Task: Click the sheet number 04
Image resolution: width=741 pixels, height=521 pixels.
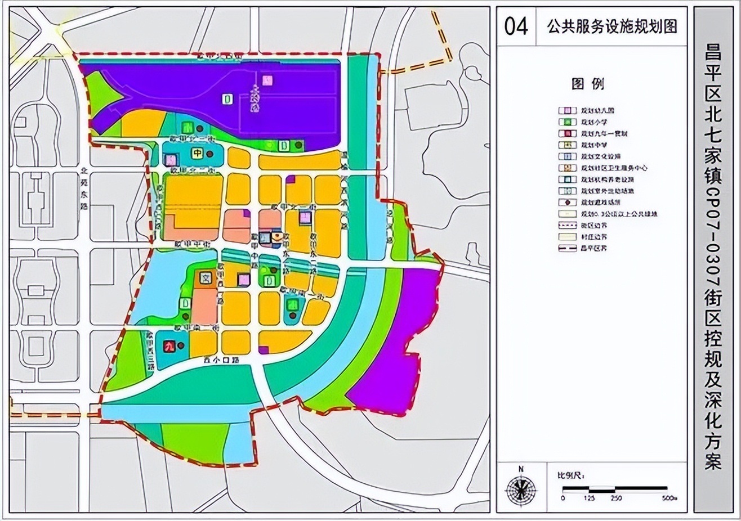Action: pyautogui.click(x=515, y=26)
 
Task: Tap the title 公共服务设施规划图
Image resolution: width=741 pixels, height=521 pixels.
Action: pyautogui.click(x=612, y=26)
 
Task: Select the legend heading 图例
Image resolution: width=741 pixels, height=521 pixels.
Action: pyautogui.click(x=587, y=84)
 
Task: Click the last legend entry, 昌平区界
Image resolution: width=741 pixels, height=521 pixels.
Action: pyautogui.click(x=595, y=248)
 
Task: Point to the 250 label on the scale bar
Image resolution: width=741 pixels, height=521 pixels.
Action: pyautogui.click(x=616, y=498)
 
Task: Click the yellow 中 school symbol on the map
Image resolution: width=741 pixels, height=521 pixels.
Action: pyautogui.click(x=198, y=154)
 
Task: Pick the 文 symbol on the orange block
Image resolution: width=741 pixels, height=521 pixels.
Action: pyautogui.click(x=205, y=277)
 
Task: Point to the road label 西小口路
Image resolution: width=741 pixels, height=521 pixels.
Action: pyautogui.click(x=222, y=359)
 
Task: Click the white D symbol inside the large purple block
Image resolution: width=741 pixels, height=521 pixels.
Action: pyautogui.click(x=227, y=100)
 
